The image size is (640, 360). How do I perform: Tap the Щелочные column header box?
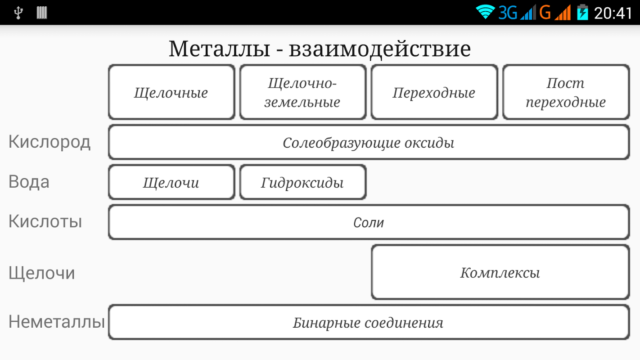171,92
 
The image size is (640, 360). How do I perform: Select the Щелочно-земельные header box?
302,92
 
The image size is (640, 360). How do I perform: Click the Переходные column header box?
434,92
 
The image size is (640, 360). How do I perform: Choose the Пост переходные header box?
565,92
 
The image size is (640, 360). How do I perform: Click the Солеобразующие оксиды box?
368,143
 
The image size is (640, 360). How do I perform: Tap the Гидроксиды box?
302,182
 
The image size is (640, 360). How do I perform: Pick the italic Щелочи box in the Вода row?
171,182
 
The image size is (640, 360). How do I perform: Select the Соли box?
368,222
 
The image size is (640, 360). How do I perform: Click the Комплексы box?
500,272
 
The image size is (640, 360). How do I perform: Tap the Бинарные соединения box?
368,322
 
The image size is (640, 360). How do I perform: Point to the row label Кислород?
50,142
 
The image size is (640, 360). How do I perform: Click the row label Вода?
29,182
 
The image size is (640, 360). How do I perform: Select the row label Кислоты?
45,221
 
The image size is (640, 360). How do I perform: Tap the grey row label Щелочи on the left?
41,273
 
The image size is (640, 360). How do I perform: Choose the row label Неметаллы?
57,322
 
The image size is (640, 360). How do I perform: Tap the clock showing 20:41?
613,13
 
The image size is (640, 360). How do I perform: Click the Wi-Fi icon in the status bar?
485,12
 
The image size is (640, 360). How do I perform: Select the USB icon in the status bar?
18,13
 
